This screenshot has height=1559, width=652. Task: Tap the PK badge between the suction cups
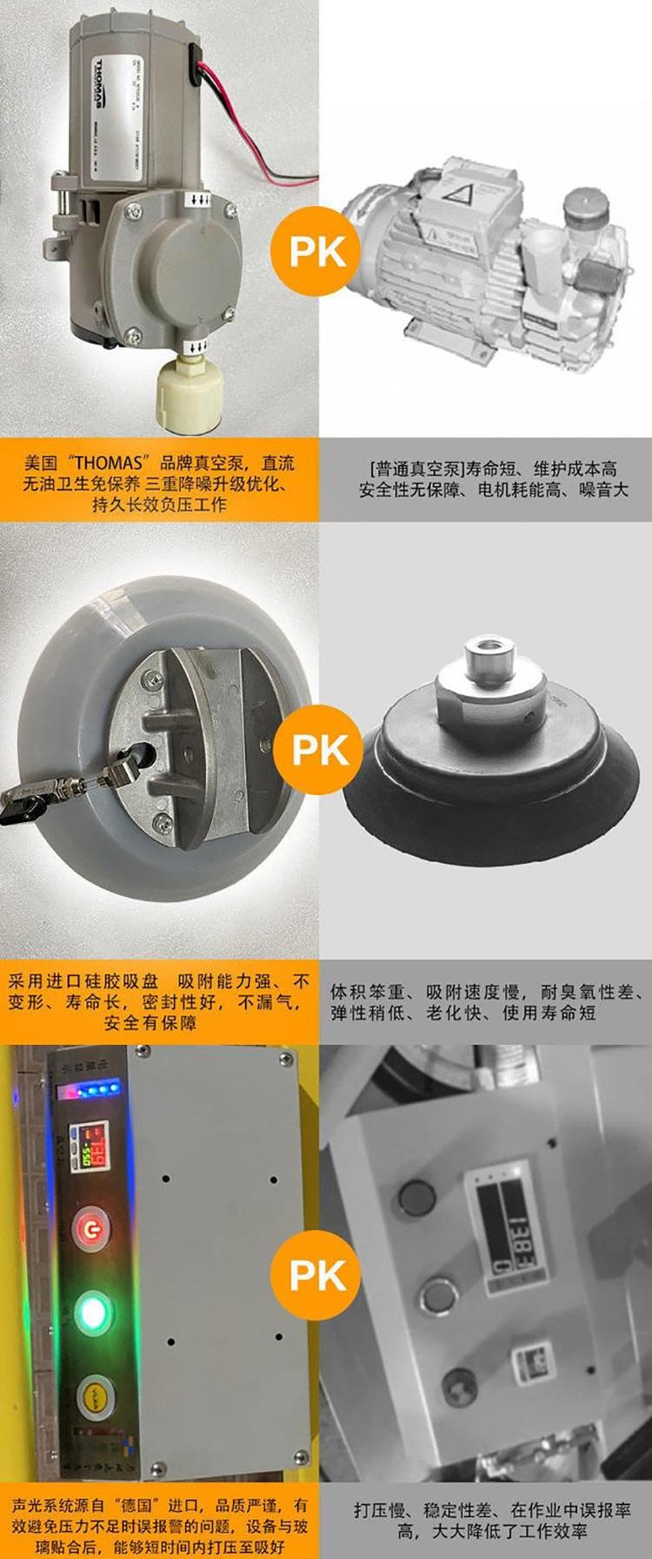[x=316, y=749]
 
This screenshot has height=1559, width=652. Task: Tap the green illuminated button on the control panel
[x=92, y=1311]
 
